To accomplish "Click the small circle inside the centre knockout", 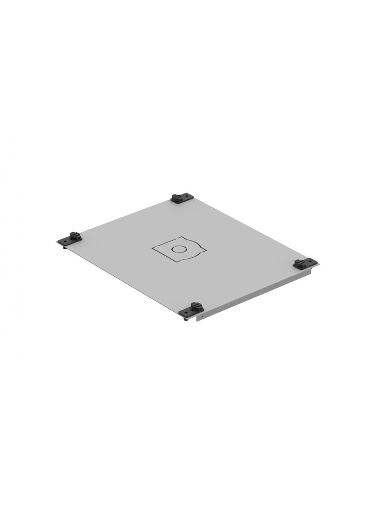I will click(x=179, y=249).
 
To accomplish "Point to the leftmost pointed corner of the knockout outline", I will click(x=153, y=247).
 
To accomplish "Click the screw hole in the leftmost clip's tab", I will click(x=63, y=241).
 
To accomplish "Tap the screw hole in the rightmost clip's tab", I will click(x=312, y=263).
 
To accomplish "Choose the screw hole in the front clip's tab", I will click(x=184, y=312).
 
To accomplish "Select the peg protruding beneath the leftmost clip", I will click(x=65, y=246).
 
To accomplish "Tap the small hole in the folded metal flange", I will click(x=202, y=316).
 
